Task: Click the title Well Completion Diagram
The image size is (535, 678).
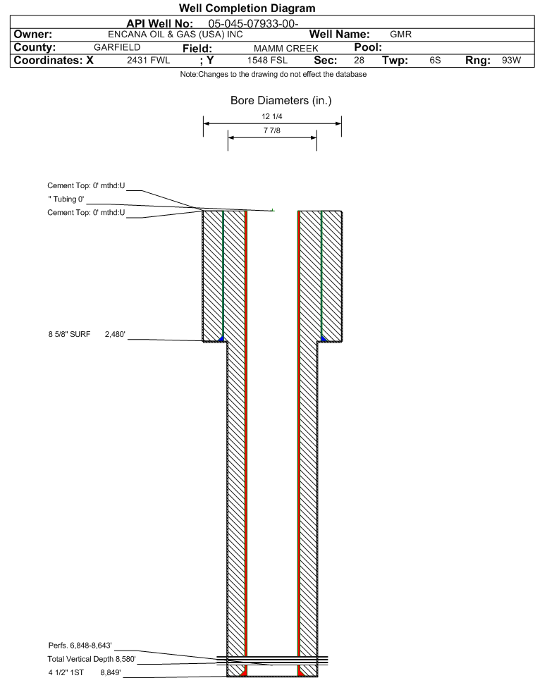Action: coord(247,8)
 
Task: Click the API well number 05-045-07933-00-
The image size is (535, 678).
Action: coord(253,23)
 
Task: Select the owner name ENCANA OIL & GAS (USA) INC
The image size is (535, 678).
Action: coord(176,35)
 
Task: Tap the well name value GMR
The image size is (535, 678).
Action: coord(400,34)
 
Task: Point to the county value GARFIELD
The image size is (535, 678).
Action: coord(117,47)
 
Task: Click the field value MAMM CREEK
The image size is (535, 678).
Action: coord(285,49)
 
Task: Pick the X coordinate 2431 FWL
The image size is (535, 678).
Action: coord(148,60)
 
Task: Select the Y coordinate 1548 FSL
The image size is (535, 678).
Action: coord(267,60)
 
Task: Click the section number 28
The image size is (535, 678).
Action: coord(359,60)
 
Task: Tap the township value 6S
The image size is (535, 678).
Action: coord(435,60)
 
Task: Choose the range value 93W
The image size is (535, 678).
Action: coord(511,60)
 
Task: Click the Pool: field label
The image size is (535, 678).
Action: coord(368,47)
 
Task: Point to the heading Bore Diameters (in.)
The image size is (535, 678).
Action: coord(281,100)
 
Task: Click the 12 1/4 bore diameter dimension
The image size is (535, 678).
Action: coord(271,116)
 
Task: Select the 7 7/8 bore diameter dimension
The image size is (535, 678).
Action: coord(271,130)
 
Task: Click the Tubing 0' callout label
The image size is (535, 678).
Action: coord(66,199)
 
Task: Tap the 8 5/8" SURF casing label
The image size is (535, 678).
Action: coord(69,334)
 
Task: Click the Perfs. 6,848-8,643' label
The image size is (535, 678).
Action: coord(80,646)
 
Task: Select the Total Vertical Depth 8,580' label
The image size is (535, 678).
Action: coord(92,659)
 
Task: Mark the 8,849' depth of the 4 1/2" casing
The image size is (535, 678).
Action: coord(111,672)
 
